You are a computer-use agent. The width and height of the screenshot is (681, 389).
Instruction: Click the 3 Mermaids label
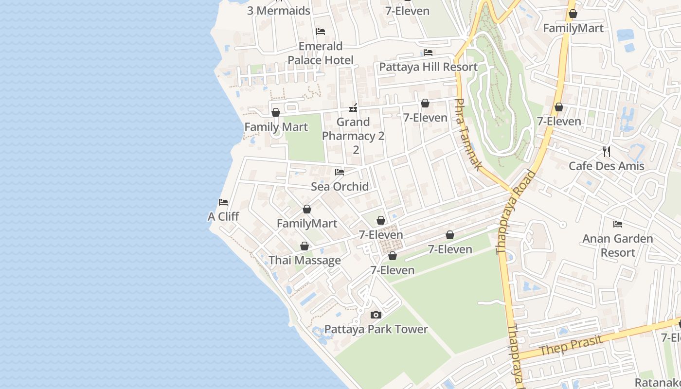278,11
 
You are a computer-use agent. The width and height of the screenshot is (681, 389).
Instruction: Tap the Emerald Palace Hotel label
321,53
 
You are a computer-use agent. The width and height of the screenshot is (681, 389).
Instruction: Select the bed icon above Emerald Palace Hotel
321,32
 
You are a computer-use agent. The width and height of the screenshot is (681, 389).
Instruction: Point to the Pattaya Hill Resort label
428,67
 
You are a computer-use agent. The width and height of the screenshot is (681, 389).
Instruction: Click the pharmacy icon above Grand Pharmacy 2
354,107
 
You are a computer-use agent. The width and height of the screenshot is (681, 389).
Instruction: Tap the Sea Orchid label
340,186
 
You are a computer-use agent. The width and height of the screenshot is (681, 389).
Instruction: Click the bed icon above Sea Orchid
340,172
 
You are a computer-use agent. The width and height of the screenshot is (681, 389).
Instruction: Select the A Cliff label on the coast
223,216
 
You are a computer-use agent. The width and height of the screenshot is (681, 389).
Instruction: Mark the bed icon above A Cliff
223,202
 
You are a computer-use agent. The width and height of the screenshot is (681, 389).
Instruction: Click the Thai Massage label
305,260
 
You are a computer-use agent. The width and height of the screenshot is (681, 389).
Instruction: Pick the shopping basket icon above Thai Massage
305,246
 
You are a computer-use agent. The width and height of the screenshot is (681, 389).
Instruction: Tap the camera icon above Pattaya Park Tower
376,315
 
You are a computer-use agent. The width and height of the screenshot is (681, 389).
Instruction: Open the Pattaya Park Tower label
376,329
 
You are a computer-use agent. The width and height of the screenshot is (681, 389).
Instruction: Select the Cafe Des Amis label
607,166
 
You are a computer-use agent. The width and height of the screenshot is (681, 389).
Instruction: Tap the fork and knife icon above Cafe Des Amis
607,152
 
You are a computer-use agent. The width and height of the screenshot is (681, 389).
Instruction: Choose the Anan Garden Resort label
618,246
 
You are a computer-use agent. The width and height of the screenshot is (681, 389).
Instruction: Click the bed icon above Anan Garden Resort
618,224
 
